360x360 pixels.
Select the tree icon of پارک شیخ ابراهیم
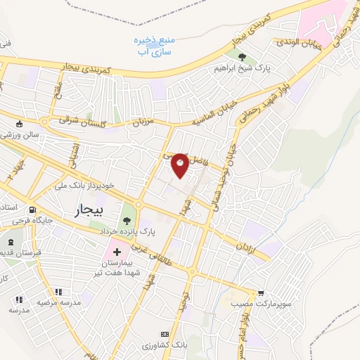243,58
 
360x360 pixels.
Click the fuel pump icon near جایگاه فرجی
32,210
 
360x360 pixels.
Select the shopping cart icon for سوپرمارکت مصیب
261,292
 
